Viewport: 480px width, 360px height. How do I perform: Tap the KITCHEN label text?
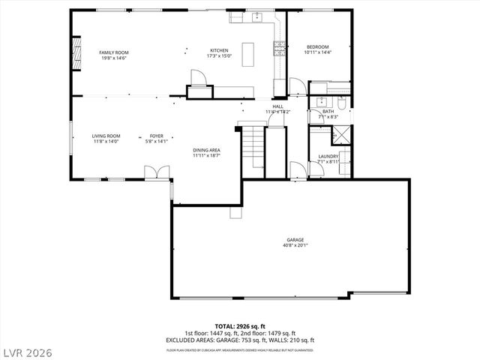click(x=219, y=51)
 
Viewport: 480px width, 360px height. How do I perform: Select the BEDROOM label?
click(x=316, y=47)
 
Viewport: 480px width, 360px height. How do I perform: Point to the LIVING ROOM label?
click(x=106, y=136)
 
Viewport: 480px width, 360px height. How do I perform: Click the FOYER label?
click(x=156, y=136)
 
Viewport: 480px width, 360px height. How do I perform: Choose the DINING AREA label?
click(x=206, y=150)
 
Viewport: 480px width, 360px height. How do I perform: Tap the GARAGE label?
click(x=294, y=240)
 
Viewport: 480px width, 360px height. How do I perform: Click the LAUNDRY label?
click(x=328, y=156)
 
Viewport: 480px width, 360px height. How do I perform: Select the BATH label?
click(x=328, y=112)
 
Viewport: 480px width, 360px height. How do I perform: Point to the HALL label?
click(x=277, y=106)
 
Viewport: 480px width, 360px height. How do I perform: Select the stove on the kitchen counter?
click(x=280, y=48)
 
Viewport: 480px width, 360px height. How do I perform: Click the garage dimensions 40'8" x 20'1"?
click(x=294, y=245)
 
